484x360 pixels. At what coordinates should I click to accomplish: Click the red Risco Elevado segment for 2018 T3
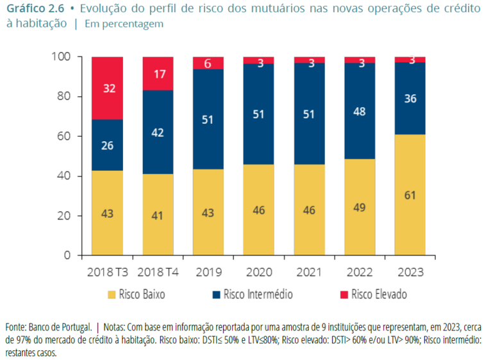click(107, 88)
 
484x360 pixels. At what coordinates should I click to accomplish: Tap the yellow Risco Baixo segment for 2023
click(410, 195)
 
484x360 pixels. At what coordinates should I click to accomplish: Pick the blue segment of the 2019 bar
click(208, 119)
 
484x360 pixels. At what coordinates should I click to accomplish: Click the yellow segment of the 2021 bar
click(309, 210)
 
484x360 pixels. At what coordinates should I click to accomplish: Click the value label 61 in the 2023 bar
click(410, 194)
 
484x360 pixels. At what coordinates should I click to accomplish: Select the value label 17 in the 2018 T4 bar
click(158, 73)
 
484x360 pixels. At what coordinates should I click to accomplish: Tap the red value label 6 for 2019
click(208, 64)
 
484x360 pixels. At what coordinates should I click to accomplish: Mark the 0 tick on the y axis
click(66, 255)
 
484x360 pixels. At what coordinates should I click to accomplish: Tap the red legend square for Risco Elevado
click(342, 295)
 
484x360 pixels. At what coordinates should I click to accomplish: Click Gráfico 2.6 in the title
click(35, 8)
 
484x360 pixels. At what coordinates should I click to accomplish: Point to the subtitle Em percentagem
click(128, 24)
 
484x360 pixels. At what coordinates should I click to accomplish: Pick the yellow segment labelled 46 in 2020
click(258, 210)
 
